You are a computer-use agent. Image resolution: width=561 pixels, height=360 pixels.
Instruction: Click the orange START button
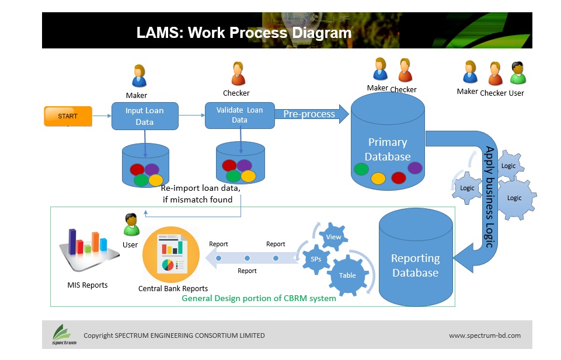pos(68,116)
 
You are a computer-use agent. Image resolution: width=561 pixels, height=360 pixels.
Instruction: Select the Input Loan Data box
pos(145,116)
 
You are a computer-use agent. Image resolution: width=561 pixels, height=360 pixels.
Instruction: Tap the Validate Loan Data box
pos(240,116)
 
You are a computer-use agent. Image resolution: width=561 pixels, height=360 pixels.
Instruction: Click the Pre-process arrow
pos(311,114)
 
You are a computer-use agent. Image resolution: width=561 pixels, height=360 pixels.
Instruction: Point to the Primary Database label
pos(388,149)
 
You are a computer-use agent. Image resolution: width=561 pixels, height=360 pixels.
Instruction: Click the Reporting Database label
pos(416,265)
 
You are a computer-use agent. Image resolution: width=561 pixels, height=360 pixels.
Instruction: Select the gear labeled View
pos(333,237)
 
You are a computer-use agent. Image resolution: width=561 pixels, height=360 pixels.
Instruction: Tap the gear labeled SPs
pos(316,259)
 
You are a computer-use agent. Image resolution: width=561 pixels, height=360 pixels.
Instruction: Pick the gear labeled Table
pos(348,275)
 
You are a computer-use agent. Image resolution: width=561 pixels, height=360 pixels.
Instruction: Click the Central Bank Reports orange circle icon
pos(171,254)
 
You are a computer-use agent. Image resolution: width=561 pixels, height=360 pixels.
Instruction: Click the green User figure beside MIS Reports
pos(131,225)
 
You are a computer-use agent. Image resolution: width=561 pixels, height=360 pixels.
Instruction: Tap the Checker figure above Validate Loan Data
pos(238,74)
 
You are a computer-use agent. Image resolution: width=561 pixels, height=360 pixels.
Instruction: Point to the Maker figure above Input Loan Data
pos(139,76)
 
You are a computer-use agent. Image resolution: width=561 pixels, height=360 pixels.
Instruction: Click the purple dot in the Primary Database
pos(415,167)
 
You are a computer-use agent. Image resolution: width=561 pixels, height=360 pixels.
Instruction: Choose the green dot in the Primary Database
pos(361,169)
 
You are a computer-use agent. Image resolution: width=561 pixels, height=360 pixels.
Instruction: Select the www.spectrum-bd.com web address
pos(485,335)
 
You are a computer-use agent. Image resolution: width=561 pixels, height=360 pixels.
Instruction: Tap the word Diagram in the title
pos(322,33)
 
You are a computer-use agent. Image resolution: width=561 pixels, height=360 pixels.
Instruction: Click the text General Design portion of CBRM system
pos(259,298)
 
